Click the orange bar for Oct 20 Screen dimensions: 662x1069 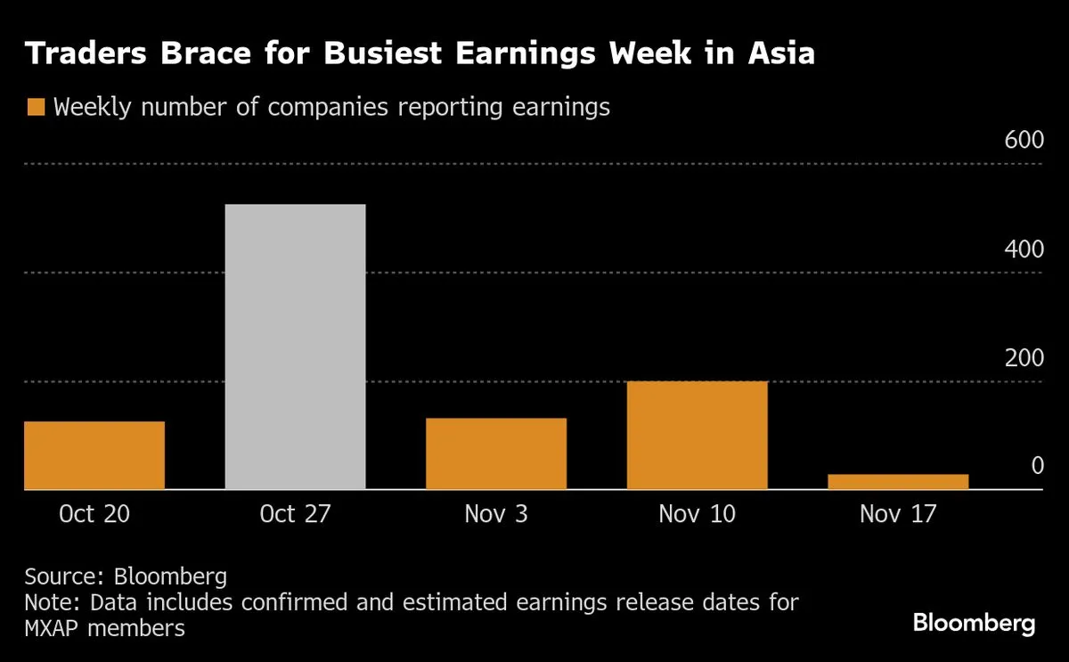point(94,455)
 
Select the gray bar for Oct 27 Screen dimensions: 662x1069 point(295,347)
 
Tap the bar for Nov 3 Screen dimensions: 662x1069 point(496,454)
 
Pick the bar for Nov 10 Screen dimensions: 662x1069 point(698,435)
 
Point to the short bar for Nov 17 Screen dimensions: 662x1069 point(898,481)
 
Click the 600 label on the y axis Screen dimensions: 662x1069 point(1024,142)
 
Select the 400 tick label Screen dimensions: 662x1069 point(1024,250)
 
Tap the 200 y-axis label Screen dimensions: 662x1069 point(1024,359)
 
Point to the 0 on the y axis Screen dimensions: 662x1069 point(1037,466)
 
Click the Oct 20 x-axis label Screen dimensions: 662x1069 point(94,514)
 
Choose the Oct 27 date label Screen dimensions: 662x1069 point(295,514)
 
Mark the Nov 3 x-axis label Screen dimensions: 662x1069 point(496,514)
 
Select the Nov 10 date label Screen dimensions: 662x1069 point(698,514)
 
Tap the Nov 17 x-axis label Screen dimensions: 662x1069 point(898,514)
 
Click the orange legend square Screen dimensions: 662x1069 point(36,108)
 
